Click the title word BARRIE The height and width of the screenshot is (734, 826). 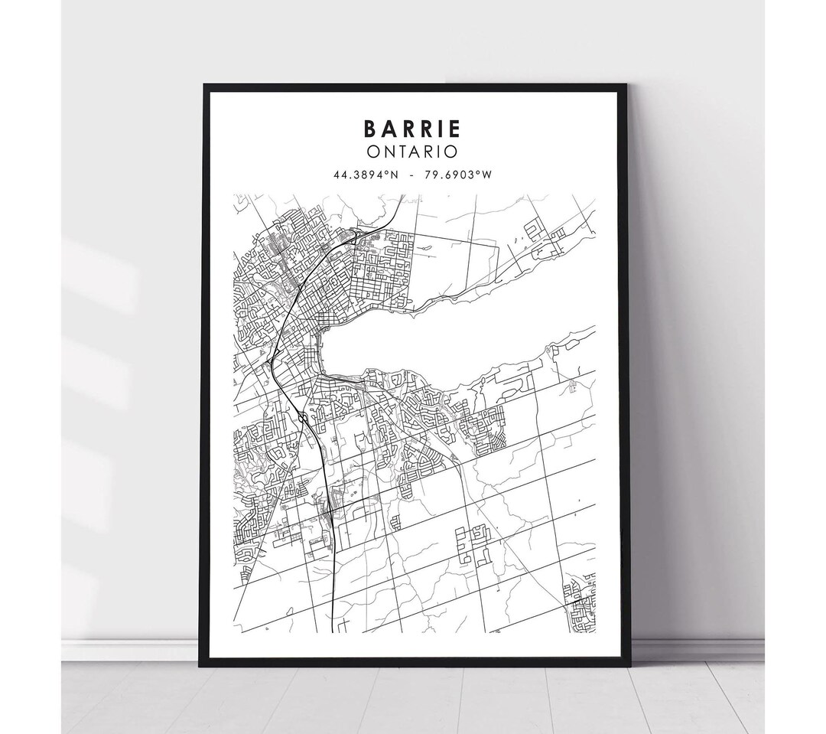[x=413, y=129]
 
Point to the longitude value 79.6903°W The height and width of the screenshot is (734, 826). [x=460, y=175]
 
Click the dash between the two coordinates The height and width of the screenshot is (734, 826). [x=412, y=175]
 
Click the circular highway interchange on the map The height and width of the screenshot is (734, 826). [x=304, y=417]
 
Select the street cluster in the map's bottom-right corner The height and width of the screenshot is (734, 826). [x=580, y=605]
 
